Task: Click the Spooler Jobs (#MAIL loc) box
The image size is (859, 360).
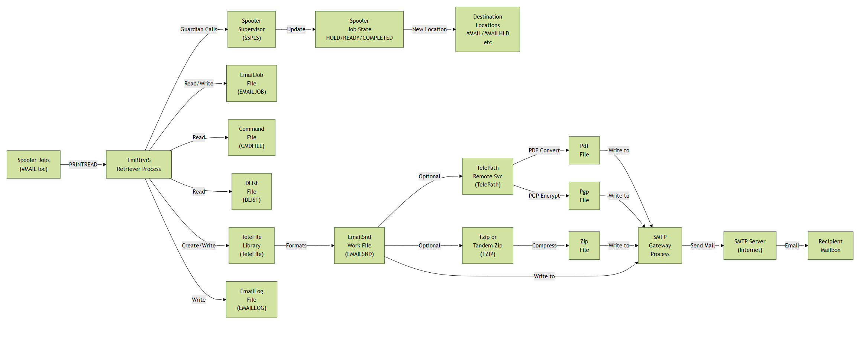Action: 33,164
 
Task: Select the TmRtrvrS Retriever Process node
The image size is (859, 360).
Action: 139,164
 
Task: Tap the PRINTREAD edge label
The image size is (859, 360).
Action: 83,164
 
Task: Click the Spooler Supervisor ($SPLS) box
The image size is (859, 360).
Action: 251,29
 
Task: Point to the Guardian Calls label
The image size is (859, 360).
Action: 198,29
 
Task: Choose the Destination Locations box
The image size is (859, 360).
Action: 487,29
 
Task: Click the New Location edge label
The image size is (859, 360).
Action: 429,29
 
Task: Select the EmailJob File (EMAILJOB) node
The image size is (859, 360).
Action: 251,83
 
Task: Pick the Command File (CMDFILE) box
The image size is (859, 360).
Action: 251,137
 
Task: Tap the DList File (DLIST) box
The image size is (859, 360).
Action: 251,191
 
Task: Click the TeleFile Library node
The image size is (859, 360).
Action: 251,246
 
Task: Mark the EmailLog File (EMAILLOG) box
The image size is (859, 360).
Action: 251,299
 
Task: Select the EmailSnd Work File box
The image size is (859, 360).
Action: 359,246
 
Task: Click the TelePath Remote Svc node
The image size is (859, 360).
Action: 487,176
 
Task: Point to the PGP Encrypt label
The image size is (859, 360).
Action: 544,196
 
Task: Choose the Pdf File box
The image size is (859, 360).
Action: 584,150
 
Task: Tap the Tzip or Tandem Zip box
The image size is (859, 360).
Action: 487,246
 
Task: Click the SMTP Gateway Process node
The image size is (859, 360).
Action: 660,246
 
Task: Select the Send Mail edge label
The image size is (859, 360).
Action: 702,246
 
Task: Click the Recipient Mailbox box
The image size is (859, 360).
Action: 830,246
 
